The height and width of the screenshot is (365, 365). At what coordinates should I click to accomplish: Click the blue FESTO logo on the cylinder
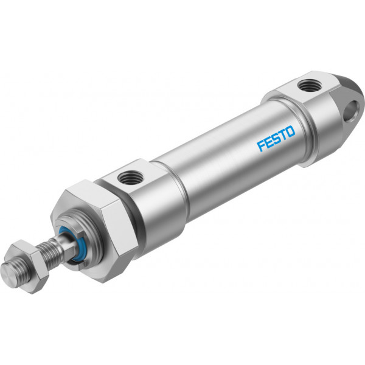click(276, 138)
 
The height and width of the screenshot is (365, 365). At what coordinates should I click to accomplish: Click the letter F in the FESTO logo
click(261, 145)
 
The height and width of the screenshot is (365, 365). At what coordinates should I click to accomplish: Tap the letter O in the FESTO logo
click(291, 131)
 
